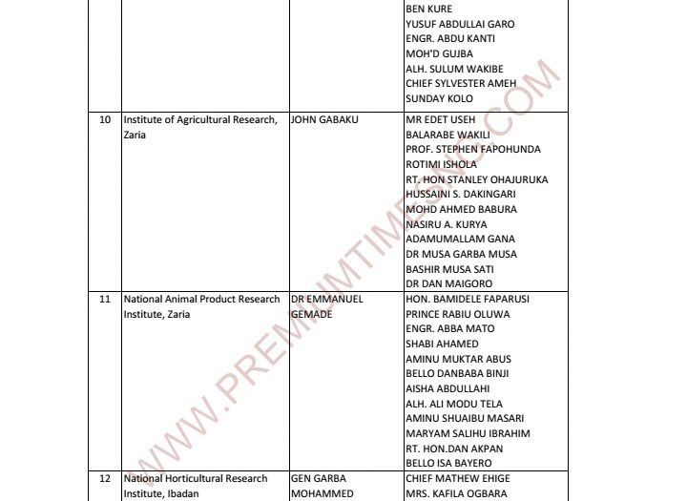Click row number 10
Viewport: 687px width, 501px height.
[x=105, y=119]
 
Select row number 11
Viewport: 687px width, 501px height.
[x=105, y=299]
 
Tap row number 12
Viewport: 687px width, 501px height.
[x=105, y=478]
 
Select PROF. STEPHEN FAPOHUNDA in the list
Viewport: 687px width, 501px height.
[x=473, y=149]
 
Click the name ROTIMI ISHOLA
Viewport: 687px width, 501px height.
[x=441, y=164]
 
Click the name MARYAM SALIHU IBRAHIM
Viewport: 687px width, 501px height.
[x=468, y=433]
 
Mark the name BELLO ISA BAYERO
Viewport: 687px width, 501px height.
[x=447, y=463]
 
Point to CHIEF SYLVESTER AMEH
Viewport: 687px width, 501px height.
[x=461, y=83]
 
